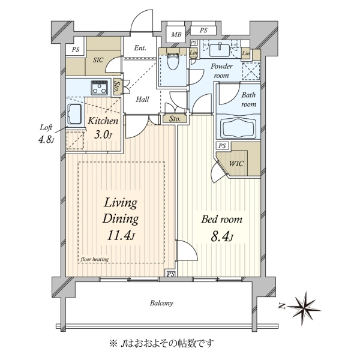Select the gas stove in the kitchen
point(99,88)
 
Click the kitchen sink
point(74,113)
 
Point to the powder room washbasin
point(220,50)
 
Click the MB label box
point(176,34)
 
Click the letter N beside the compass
point(282,306)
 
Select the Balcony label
point(161,303)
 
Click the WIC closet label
point(236,163)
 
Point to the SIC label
point(98,60)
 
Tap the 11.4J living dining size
point(121,236)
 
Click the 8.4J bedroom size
point(222,237)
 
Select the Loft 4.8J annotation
point(46,134)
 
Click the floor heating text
point(95,259)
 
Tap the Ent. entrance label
point(140,48)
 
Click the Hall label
point(142,100)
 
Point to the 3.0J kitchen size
point(103,135)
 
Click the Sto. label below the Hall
point(175,119)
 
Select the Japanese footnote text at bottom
point(161,343)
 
